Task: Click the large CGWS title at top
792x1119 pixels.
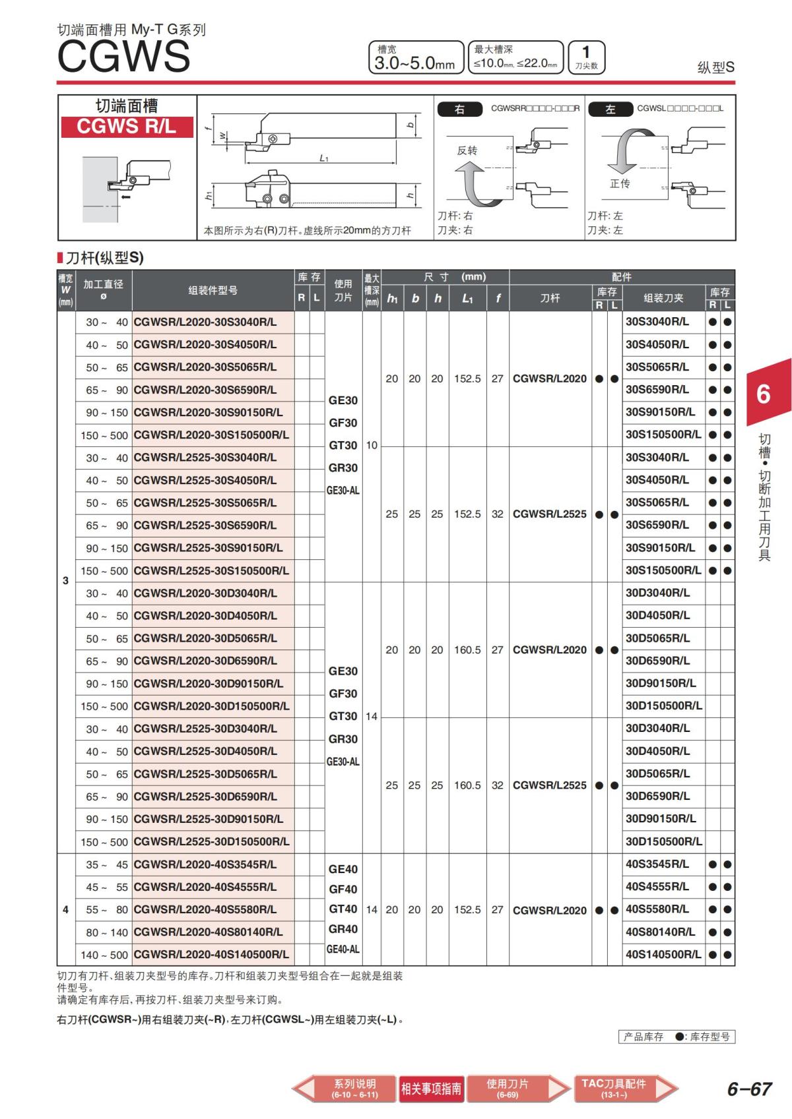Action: [123, 56]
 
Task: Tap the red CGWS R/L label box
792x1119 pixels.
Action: [127, 127]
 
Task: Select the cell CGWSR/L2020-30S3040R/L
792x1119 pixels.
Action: [205, 322]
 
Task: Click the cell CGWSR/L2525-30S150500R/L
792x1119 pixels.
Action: [211, 571]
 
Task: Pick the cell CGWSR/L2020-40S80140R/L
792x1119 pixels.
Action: [208, 932]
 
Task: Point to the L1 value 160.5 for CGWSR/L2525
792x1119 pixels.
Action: [467, 785]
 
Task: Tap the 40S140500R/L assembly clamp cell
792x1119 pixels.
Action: [663, 954]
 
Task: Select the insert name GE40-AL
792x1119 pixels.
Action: [343, 950]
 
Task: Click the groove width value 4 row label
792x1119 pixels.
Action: [65, 910]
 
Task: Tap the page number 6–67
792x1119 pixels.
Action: [749, 1089]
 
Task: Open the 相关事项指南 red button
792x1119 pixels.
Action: [431, 1089]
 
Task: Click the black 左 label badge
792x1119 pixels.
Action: [610, 109]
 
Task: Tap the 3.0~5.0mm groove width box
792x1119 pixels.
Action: [416, 58]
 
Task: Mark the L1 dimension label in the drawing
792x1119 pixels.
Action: [324, 158]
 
